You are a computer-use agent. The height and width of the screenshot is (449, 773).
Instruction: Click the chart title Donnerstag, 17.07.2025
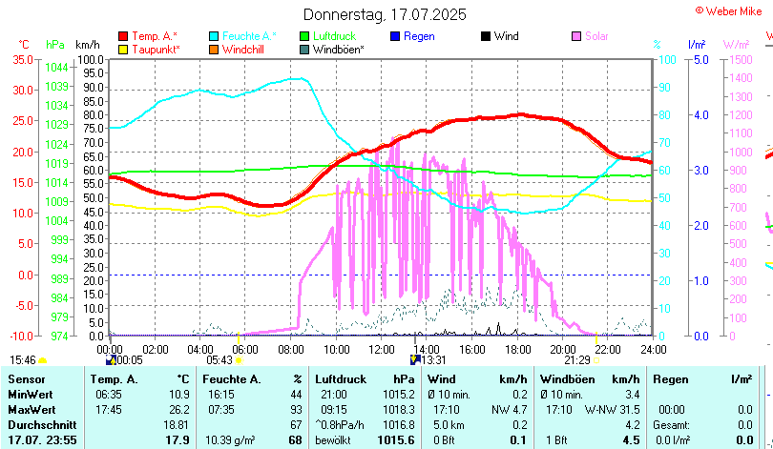pyautogui.click(x=385, y=14)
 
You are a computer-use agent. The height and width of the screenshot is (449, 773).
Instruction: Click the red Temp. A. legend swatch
pyautogui.click(x=123, y=36)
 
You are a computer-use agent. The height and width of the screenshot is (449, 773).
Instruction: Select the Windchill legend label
pyautogui.click(x=245, y=49)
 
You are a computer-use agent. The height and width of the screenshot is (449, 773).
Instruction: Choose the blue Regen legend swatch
pyautogui.click(x=396, y=36)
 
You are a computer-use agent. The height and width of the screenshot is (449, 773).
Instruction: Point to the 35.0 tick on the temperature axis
pyautogui.click(x=22, y=59)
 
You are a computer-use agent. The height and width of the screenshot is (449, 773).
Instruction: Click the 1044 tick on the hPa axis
pyautogui.click(x=56, y=68)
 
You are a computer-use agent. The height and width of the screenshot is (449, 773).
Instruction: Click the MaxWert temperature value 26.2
pyautogui.click(x=178, y=410)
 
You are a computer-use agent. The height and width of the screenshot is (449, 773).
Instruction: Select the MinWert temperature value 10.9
pyautogui.click(x=178, y=395)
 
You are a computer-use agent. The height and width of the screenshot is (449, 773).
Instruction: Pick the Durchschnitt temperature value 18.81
pyautogui.click(x=176, y=424)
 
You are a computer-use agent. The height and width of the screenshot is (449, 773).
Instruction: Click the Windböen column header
pyautogui.click(x=569, y=379)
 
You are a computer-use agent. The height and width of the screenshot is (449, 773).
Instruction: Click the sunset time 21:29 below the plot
pyautogui.click(x=576, y=360)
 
